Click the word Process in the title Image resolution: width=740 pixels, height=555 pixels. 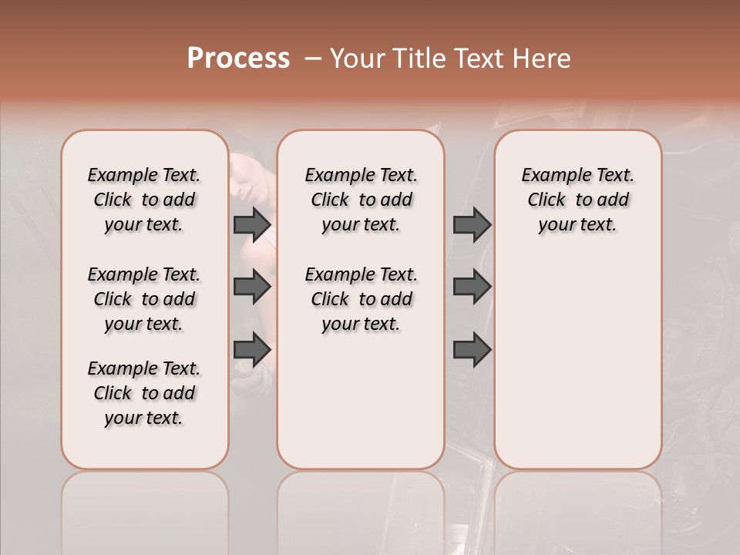pos(238,59)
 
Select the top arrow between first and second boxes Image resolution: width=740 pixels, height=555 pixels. pos(252,225)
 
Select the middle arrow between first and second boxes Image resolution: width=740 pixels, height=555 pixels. pos(252,288)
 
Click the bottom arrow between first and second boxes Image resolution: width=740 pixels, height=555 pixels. pos(252,350)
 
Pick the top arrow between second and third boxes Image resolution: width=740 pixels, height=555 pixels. pos(472,225)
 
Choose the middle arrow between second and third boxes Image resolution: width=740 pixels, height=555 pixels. pos(472,288)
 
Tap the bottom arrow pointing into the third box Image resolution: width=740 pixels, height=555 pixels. pos(472,350)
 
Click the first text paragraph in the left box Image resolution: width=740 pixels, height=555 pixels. pos(144,200)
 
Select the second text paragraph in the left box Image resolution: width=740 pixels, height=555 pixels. pos(144,299)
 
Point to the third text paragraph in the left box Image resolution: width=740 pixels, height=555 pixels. pos(144,393)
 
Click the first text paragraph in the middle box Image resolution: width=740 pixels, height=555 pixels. pos(361,200)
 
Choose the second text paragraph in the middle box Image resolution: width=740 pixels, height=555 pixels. pos(361,299)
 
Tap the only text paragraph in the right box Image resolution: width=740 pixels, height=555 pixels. pos(578,200)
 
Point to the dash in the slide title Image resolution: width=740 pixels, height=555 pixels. pos(313,59)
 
